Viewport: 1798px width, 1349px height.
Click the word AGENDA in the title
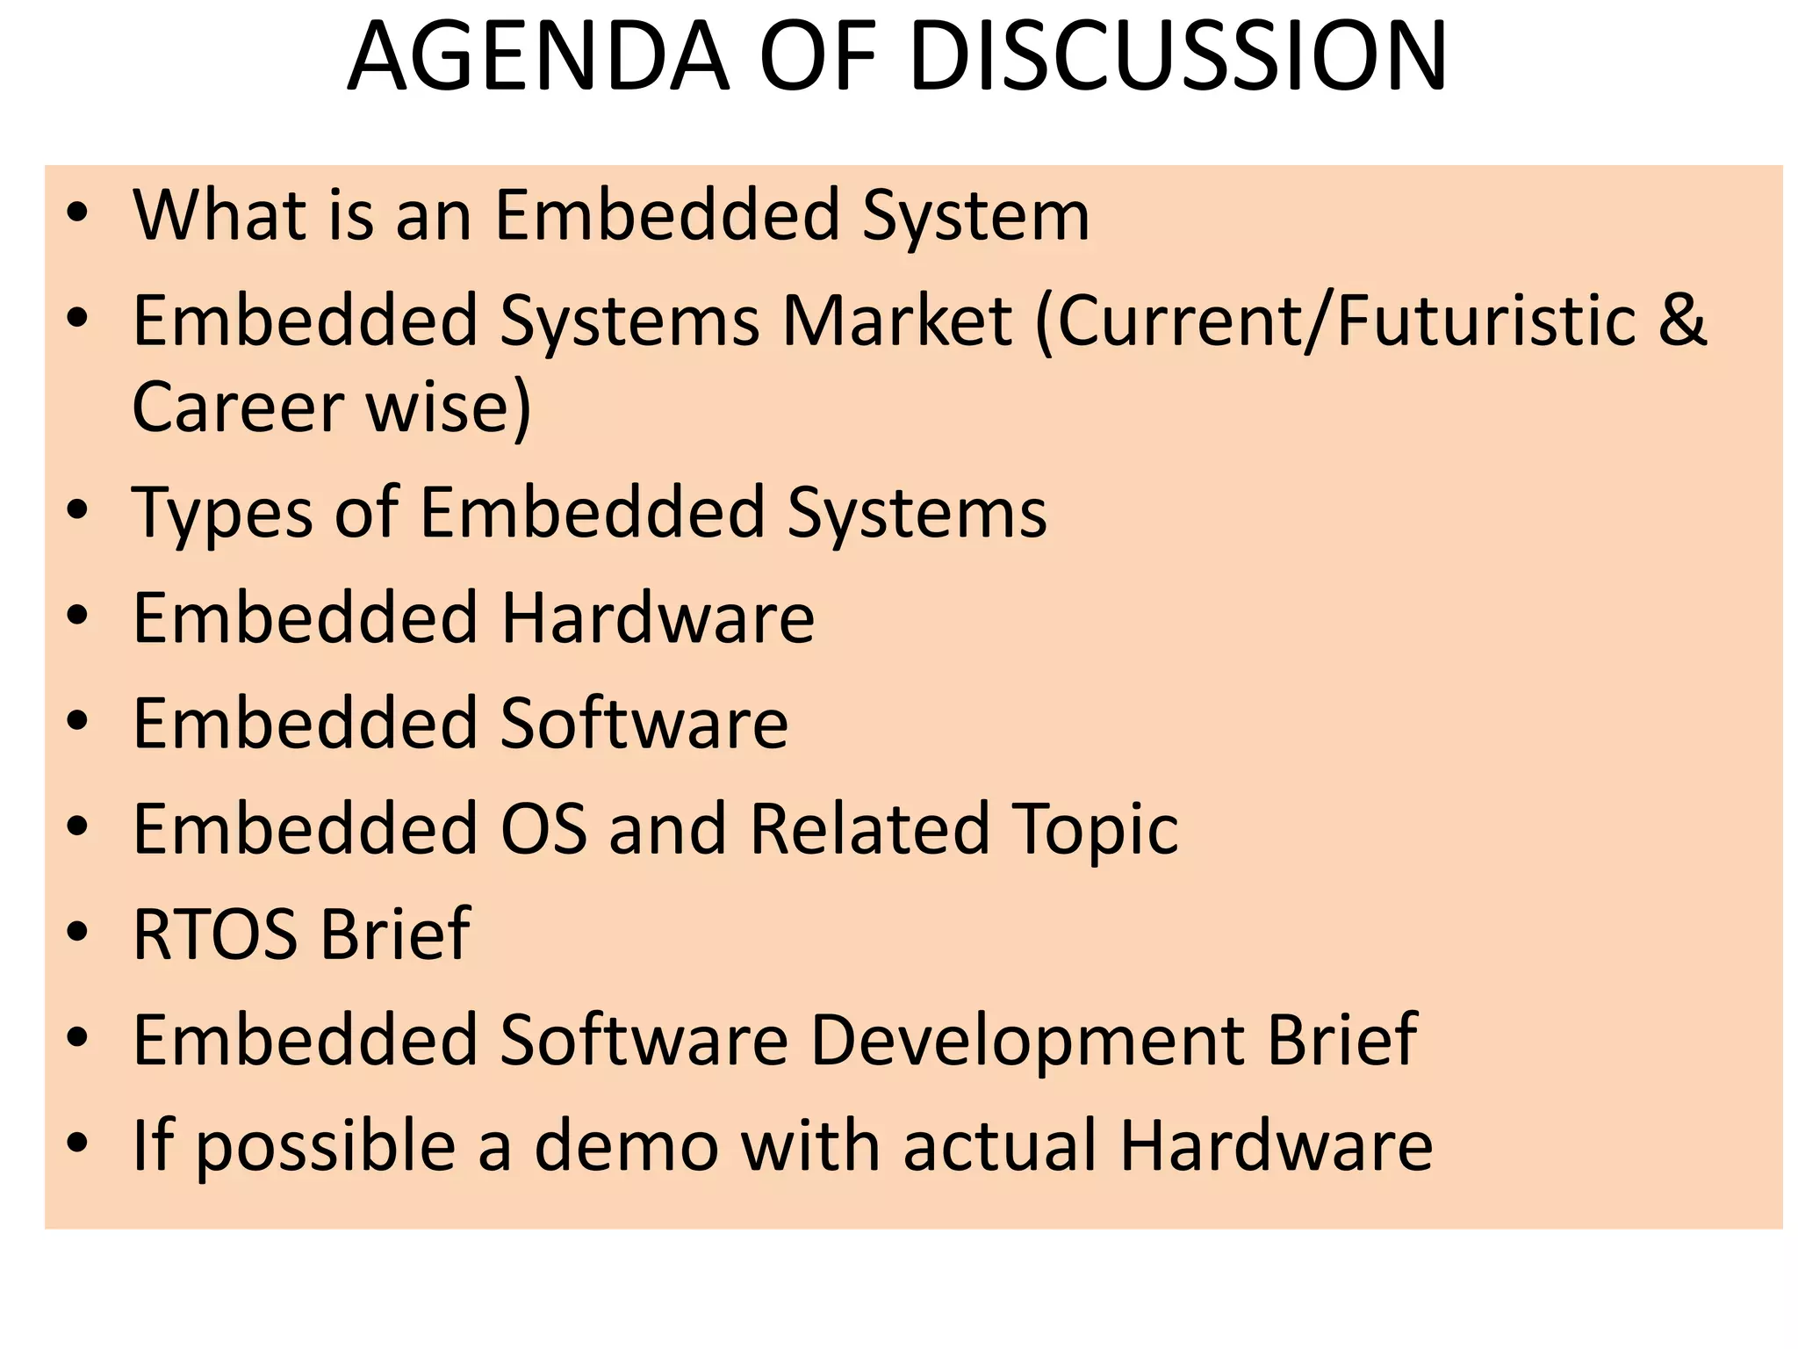[x=538, y=58]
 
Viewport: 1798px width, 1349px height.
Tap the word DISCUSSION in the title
[x=1178, y=58]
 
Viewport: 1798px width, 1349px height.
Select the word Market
[x=896, y=321]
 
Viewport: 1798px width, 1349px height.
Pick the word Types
[x=222, y=514]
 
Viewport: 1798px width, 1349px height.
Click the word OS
[x=543, y=829]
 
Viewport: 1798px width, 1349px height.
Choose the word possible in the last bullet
[x=325, y=1148]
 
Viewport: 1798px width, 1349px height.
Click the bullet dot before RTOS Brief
[x=78, y=932]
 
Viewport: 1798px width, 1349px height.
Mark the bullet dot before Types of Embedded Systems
[x=78, y=510]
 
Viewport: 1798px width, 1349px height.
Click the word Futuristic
[x=1487, y=321]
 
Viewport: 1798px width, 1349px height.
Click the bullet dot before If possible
[x=78, y=1143]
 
